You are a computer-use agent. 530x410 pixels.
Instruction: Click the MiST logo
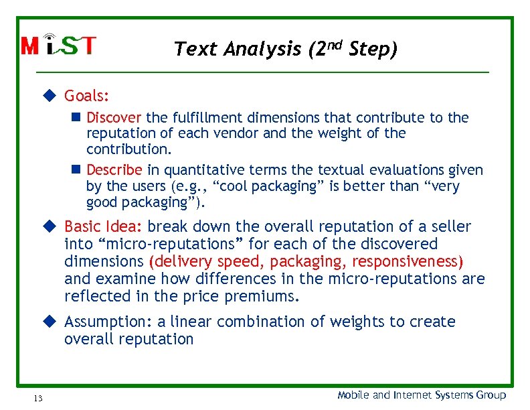point(59,45)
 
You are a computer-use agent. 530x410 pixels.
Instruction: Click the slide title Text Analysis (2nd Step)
point(285,49)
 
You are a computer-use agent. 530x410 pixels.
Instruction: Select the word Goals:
point(87,96)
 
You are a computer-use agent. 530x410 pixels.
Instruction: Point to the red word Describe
point(114,170)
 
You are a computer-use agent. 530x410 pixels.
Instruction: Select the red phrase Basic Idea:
point(104,226)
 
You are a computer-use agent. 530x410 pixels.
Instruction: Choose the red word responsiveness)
point(408,261)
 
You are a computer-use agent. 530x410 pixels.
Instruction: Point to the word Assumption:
point(107,322)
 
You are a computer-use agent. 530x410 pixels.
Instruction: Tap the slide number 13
point(37,399)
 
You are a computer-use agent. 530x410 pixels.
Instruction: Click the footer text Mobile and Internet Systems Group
point(422,395)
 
